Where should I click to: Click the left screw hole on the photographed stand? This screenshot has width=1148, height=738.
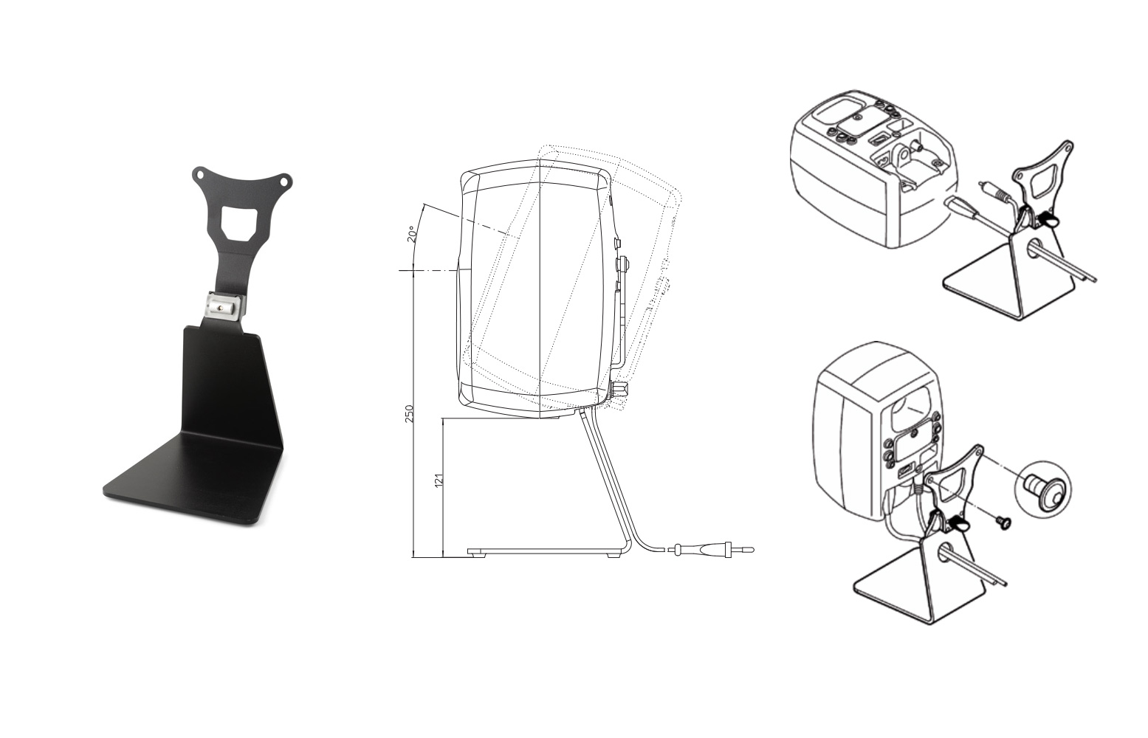click(199, 174)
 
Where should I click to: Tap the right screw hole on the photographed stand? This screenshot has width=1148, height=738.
click(286, 180)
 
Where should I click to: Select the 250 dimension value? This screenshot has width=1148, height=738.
click(409, 413)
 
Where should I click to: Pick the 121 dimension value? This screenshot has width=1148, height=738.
click(439, 480)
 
